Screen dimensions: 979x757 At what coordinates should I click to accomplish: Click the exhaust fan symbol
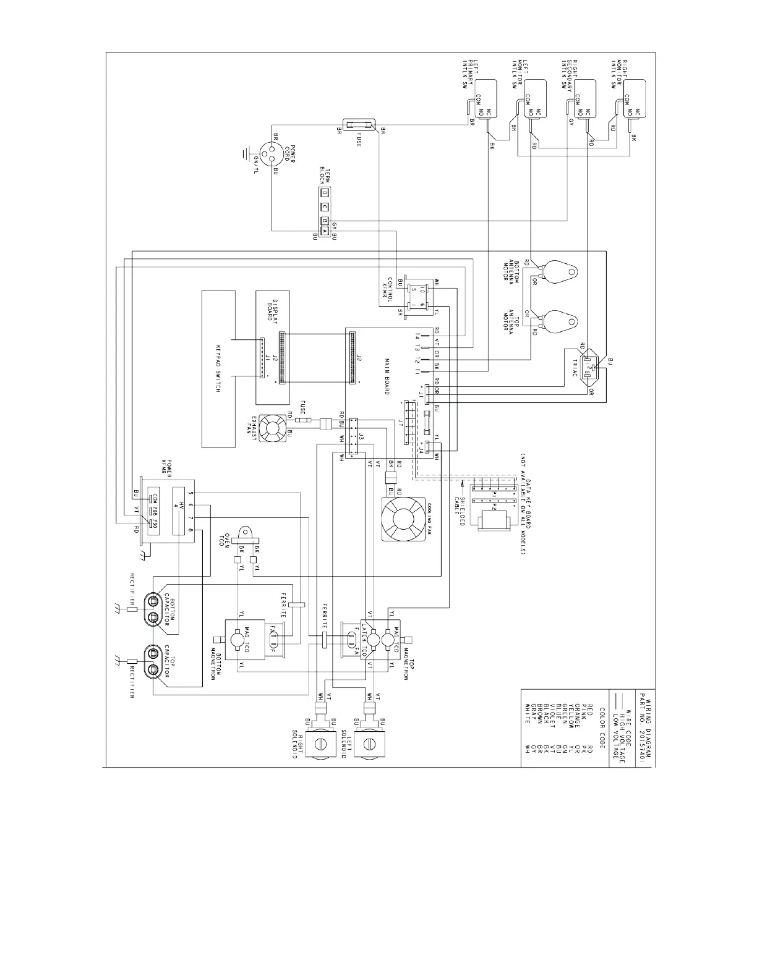(x=272, y=428)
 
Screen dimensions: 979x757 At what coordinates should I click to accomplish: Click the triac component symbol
(x=592, y=370)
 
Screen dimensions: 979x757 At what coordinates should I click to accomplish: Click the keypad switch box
(x=219, y=370)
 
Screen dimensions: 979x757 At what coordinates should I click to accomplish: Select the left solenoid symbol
(x=370, y=742)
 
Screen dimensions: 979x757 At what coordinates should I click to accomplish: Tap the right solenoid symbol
(x=322, y=742)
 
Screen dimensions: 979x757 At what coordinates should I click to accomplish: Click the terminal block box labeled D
(x=324, y=193)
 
